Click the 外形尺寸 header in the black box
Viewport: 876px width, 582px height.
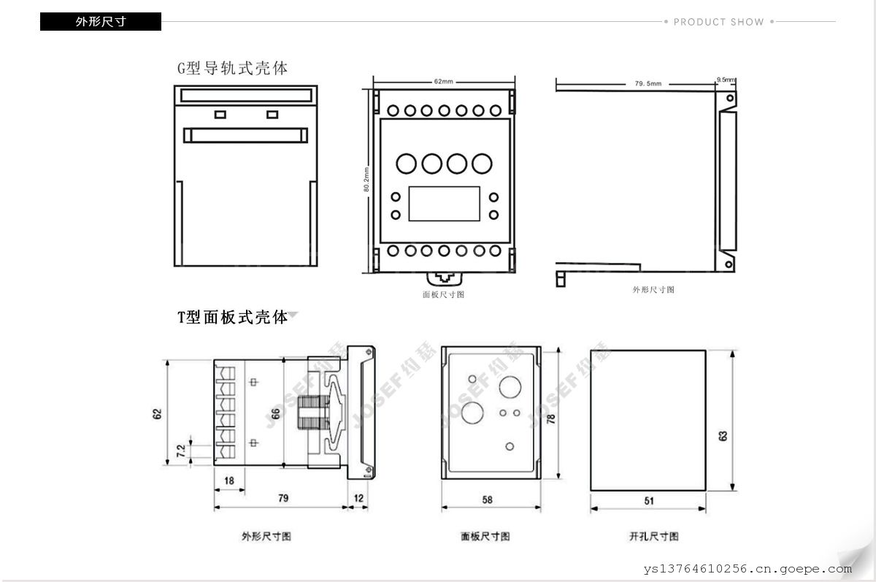tap(101, 22)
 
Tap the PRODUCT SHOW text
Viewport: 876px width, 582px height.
tap(718, 22)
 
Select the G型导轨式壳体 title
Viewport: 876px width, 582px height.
tap(233, 69)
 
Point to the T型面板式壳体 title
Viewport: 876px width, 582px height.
tap(233, 318)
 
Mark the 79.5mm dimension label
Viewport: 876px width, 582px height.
tap(648, 84)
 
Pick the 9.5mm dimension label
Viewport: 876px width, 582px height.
tap(726, 79)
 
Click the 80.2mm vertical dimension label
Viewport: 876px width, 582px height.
tap(366, 179)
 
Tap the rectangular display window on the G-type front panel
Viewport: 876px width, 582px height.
tap(444, 204)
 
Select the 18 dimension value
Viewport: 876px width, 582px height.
tap(228, 480)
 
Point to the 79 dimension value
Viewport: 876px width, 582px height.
tap(283, 498)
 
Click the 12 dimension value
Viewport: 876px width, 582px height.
tap(359, 498)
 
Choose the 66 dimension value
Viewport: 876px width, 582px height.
tap(275, 413)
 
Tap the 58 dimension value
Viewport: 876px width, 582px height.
tap(488, 500)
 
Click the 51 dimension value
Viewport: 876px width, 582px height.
tap(649, 500)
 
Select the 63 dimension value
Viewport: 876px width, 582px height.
tap(723, 435)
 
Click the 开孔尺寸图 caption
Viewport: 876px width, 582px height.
tap(653, 537)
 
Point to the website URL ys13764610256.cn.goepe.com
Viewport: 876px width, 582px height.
tap(748, 570)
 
